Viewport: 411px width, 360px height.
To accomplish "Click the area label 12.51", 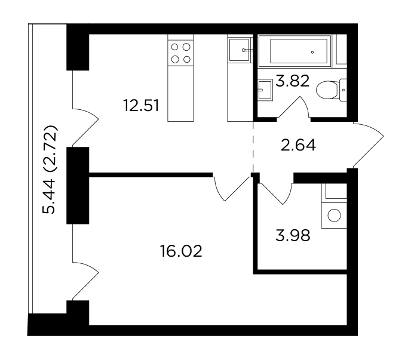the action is [x=141, y=106].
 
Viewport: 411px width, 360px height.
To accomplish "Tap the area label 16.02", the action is [x=181, y=251].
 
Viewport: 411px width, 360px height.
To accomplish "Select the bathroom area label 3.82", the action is [x=293, y=81].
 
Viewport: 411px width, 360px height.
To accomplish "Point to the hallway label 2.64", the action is [x=298, y=146].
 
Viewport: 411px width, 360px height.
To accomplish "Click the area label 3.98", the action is [x=293, y=235].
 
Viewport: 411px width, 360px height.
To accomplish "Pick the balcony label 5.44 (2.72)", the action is [x=49, y=170].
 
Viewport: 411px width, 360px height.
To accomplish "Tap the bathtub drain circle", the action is [x=312, y=53].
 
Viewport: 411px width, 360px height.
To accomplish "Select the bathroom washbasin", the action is [x=265, y=90].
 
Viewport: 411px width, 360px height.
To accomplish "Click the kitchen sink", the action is [x=239, y=50].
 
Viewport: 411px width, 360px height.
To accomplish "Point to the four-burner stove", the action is [x=180, y=53].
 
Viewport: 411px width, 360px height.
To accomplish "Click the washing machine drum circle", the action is [x=334, y=216].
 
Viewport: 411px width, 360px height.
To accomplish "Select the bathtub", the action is [x=295, y=51].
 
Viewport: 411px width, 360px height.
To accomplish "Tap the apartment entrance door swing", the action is [x=368, y=144].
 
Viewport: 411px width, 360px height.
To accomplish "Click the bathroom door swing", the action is [x=293, y=107].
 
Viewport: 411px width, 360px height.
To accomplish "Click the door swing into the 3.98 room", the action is [x=275, y=193].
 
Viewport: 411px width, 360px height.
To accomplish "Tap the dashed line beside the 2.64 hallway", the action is [x=253, y=147].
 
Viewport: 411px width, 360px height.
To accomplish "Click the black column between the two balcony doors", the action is [x=78, y=186].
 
